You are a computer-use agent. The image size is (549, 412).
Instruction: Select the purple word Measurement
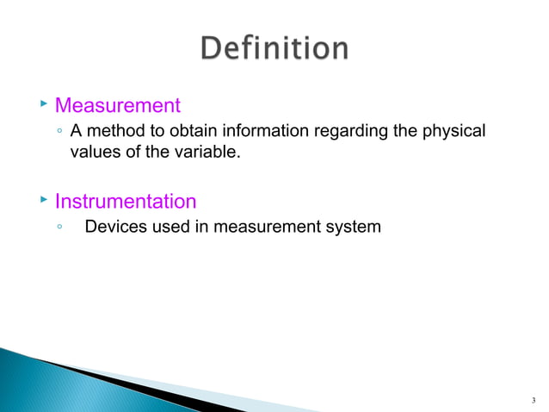point(118,106)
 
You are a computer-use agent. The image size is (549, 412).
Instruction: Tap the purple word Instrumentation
point(126,202)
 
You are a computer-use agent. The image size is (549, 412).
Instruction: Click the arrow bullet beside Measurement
point(43,104)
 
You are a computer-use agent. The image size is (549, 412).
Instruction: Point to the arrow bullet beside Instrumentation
point(43,200)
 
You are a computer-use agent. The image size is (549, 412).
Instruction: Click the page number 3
point(534,400)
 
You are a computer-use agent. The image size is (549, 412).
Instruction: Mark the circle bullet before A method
point(59,131)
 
